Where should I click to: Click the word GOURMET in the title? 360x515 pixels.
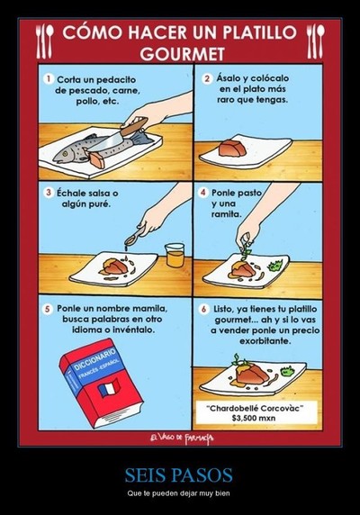click(x=182, y=53)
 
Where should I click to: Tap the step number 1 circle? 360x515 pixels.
click(x=49, y=79)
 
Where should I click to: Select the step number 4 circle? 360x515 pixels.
click(x=202, y=193)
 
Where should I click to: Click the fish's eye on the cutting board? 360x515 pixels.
click(x=65, y=153)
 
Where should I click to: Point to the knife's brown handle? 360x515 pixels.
click(x=134, y=127)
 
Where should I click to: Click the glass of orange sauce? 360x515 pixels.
click(x=175, y=255)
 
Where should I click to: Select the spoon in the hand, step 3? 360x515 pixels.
click(x=134, y=237)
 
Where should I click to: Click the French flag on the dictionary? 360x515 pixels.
click(x=109, y=388)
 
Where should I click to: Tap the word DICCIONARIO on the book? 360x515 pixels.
click(x=95, y=359)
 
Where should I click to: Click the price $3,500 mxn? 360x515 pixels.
click(x=253, y=418)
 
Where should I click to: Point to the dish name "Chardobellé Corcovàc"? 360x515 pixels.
click(x=255, y=408)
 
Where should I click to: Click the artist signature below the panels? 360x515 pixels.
click(x=182, y=438)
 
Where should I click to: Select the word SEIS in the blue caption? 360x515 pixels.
click(x=145, y=474)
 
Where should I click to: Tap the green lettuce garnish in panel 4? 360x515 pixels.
click(x=275, y=265)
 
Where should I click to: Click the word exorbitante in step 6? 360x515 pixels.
click(x=265, y=341)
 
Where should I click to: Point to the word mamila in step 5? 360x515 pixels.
click(x=149, y=309)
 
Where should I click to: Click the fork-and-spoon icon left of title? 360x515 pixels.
click(x=45, y=41)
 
